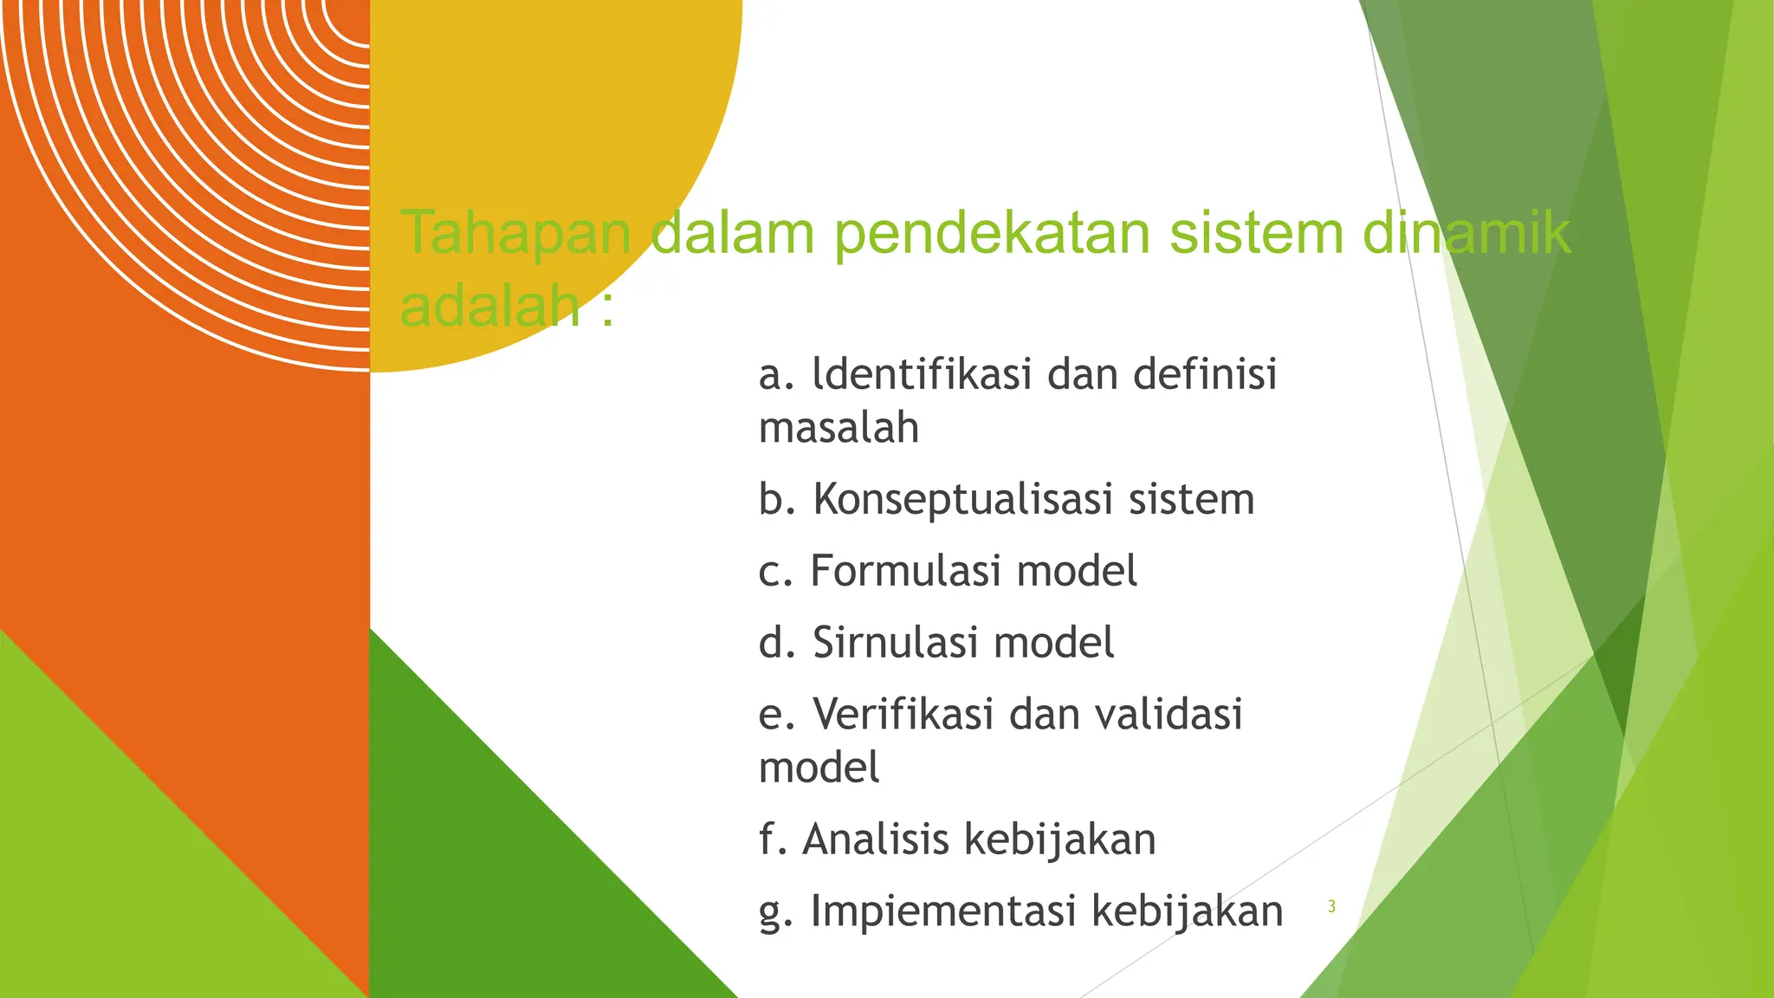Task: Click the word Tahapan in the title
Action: coord(516,233)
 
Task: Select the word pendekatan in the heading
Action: coord(991,233)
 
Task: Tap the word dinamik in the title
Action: coord(1466,233)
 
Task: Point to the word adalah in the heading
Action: coord(489,306)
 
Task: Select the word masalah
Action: coord(838,428)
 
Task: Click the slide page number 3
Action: coord(1331,907)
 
